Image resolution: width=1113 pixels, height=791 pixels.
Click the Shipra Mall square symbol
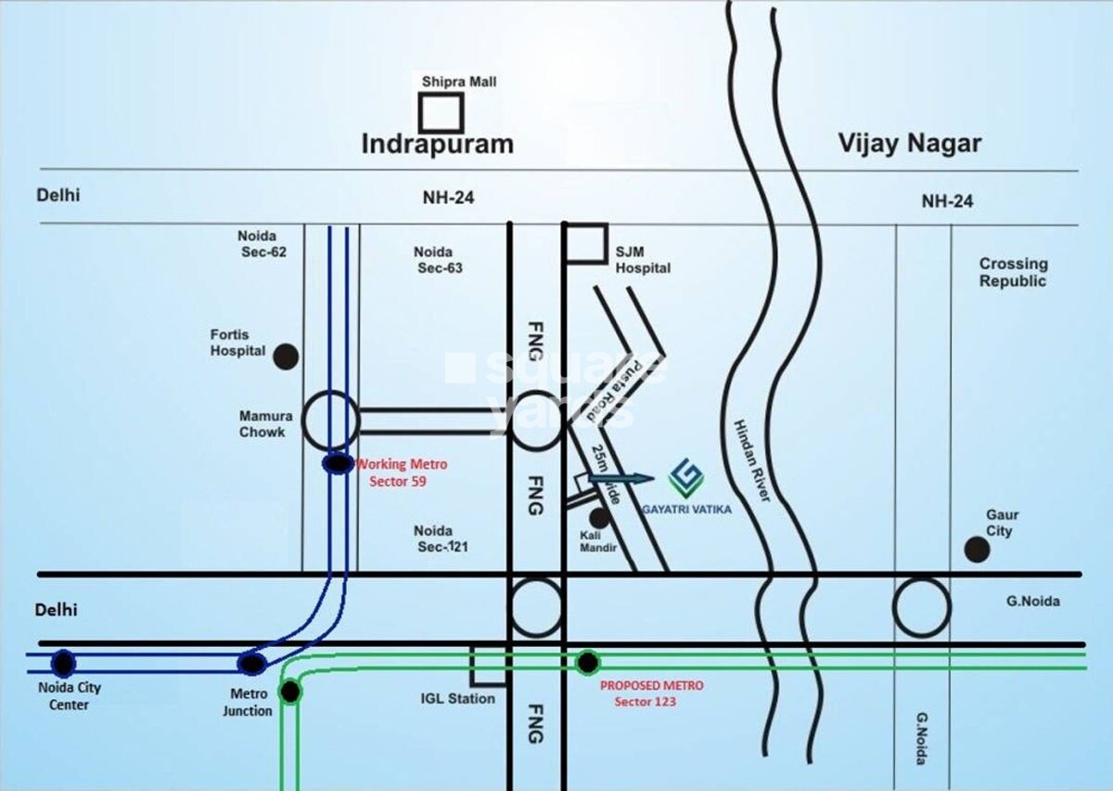coord(441,112)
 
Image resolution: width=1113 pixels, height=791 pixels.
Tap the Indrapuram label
coord(436,144)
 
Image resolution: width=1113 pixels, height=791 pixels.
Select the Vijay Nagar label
coord(909,143)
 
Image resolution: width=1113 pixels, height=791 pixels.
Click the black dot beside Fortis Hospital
coord(286,357)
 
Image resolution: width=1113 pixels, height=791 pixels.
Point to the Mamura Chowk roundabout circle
coord(331,421)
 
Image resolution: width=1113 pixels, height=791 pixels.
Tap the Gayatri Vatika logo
coord(686,478)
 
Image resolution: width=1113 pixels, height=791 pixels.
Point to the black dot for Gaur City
coord(976,550)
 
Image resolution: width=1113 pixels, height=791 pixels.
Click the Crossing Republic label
coord(1013,272)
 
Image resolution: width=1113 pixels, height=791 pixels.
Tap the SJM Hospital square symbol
coord(586,243)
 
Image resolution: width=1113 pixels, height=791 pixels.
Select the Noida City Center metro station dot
coord(63,663)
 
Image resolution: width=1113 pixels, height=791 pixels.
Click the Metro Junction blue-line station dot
coord(251,663)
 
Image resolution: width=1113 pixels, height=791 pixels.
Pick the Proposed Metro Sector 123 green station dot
coord(587,662)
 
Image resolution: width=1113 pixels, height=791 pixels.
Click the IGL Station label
coord(458,698)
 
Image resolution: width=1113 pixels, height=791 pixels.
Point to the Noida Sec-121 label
coord(441,538)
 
